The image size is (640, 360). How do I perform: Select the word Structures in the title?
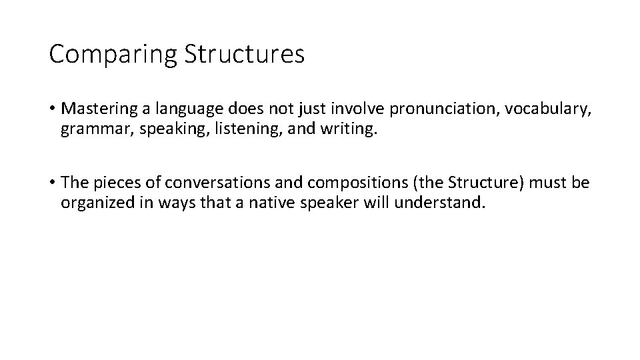click(x=243, y=53)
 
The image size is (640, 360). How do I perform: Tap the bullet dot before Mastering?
click(x=52, y=107)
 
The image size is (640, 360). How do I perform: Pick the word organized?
click(x=93, y=202)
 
